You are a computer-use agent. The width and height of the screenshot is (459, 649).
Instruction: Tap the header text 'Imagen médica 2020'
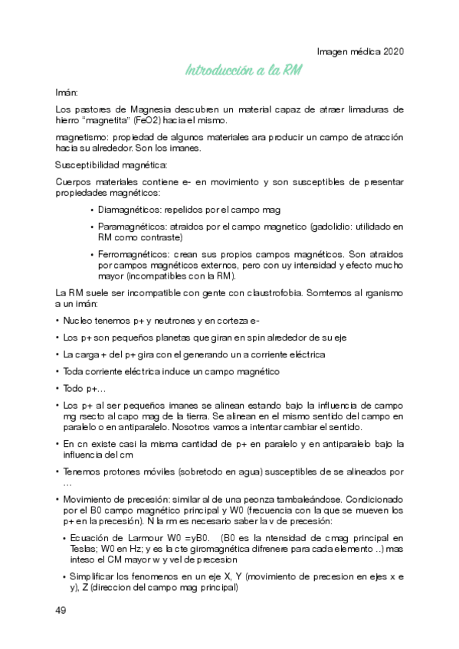pyautogui.click(x=360, y=51)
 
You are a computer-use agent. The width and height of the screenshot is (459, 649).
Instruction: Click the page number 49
pyautogui.click(x=61, y=610)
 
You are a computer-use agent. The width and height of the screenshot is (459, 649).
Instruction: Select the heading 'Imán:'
pyautogui.click(x=67, y=92)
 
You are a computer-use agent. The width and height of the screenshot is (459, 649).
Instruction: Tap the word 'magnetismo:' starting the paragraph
pyautogui.click(x=82, y=137)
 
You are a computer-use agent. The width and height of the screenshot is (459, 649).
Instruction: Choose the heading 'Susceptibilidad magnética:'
pyautogui.click(x=110, y=165)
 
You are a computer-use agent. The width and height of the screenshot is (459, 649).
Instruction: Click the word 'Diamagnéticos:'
pyautogui.click(x=130, y=209)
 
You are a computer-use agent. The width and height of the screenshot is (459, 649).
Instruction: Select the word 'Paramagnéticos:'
pyautogui.click(x=132, y=227)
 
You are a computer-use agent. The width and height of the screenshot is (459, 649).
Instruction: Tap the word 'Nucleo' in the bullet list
pyautogui.click(x=78, y=321)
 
